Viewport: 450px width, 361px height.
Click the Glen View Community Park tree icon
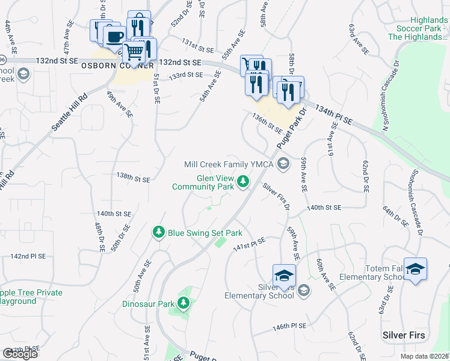coord(243,180)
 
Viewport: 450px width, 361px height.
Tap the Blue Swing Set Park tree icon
coord(159,232)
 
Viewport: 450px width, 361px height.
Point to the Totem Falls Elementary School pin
coord(415,269)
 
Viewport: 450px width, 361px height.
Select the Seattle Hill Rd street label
coord(70,111)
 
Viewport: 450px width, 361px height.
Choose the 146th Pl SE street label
coord(289,326)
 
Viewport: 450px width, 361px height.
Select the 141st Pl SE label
coord(250,243)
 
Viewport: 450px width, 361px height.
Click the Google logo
coord(20,354)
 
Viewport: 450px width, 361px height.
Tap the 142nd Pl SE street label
coord(28,256)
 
